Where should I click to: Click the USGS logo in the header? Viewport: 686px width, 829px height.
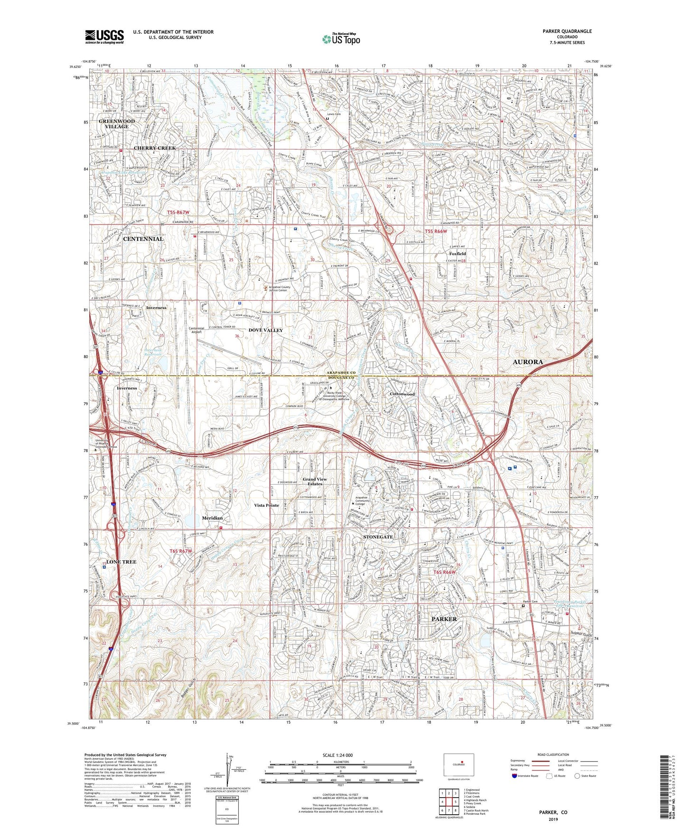click(x=104, y=37)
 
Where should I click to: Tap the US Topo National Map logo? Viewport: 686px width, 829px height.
click(x=341, y=39)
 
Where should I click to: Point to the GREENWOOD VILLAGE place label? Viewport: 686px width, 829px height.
click(x=117, y=124)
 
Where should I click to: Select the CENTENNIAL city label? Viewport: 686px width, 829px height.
click(x=143, y=239)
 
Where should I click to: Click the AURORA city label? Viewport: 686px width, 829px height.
click(x=528, y=362)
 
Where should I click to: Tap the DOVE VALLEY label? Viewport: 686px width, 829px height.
click(x=265, y=330)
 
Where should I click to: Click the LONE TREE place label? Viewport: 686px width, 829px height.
click(x=121, y=562)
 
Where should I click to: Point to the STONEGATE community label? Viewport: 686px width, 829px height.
click(x=378, y=537)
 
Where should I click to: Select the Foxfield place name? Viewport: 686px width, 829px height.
click(x=458, y=254)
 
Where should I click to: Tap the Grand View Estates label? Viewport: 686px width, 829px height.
click(x=315, y=481)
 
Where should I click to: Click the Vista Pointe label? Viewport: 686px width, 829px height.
click(x=266, y=505)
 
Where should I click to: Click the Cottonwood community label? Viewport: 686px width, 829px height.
click(x=402, y=394)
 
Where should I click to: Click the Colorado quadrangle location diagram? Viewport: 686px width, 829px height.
click(x=458, y=765)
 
